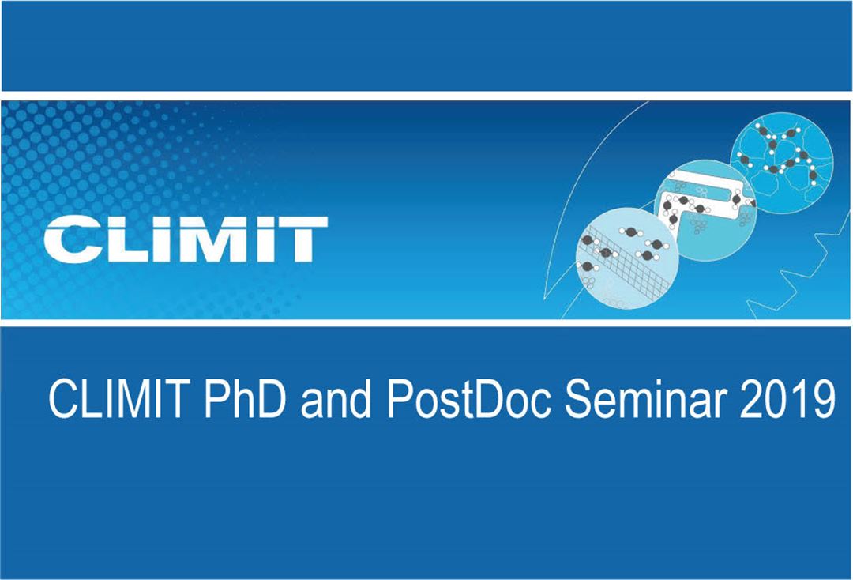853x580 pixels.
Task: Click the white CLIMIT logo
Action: coord(186,239)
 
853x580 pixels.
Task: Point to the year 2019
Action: coord(787,399)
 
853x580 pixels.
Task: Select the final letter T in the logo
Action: coord(300,239)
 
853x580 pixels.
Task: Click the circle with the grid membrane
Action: coord(627,258)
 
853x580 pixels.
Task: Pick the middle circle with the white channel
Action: coord(705,210)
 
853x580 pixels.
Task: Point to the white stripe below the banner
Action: coord(426,323)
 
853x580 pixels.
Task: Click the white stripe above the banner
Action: coord(426,96)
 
